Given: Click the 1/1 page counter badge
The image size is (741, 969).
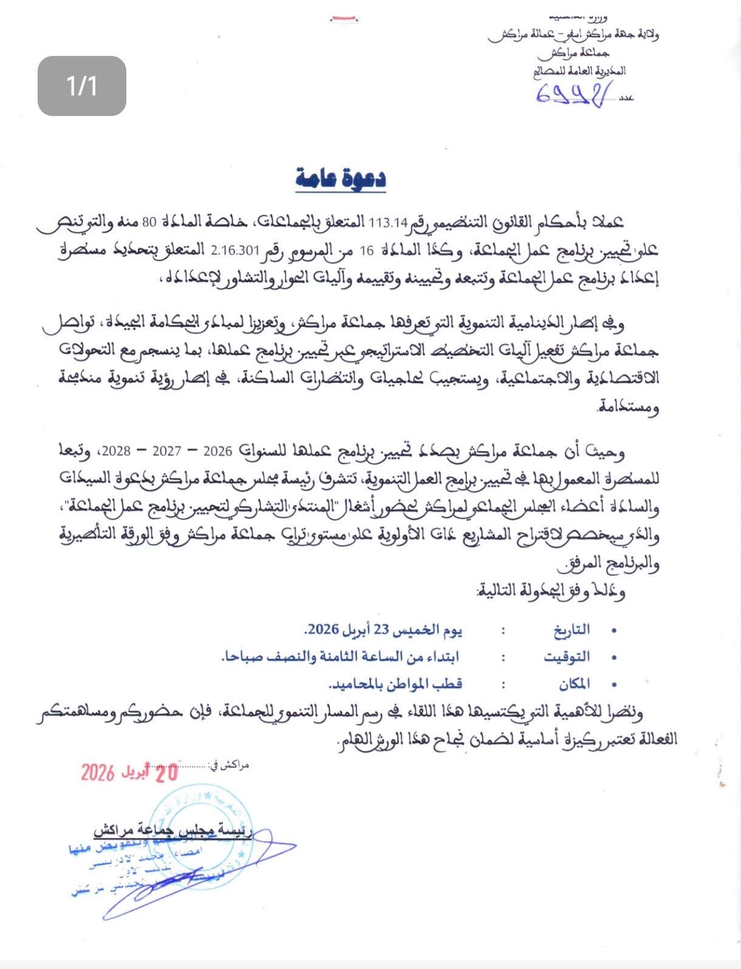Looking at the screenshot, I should [82, 86].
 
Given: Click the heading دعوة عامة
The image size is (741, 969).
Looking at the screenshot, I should [341, 178].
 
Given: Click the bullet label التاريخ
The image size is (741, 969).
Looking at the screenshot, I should [572, 630].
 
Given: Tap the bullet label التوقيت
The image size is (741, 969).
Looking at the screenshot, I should [567, 657].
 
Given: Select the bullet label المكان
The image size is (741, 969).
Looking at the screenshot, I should [574, 684].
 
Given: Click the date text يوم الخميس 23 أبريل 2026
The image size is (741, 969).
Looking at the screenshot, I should [383, 630].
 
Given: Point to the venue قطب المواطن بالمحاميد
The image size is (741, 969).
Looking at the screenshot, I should [395, 684].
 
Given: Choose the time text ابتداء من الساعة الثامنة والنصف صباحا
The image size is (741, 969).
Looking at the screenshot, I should [340, 657].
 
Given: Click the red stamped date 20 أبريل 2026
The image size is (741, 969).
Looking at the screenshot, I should [129, 772].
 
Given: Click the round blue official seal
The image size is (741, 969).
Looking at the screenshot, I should [200, 832].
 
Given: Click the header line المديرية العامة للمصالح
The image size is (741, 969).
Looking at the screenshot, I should [579, 72].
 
